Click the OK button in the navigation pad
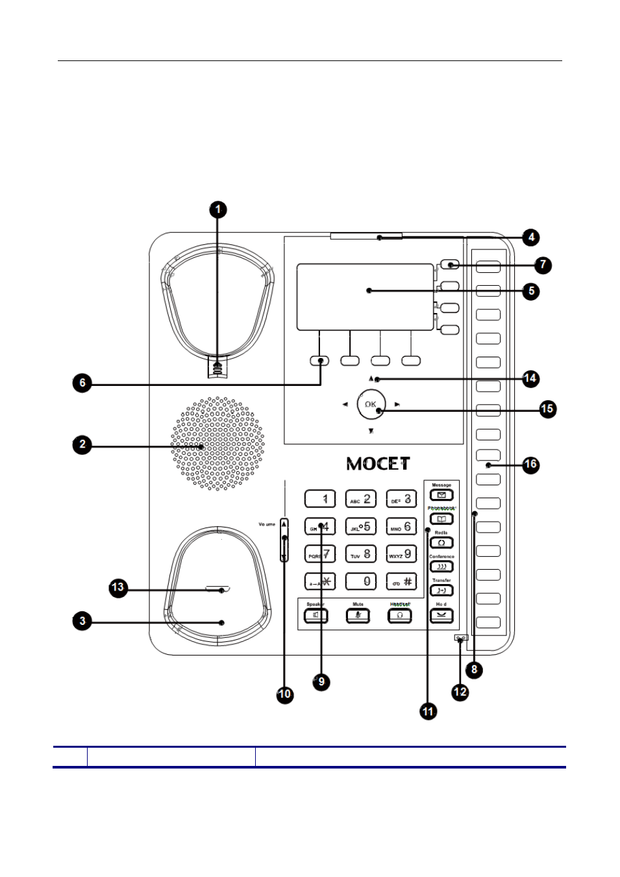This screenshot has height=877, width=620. point(371,404)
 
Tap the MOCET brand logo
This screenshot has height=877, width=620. point(378,464)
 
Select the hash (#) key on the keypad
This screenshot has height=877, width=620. point(401,581)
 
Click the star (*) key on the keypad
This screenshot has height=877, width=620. point(320,581)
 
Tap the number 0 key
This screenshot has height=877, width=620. point(361,581)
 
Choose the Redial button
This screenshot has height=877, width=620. point(441,542)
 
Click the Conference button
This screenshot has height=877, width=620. point(441,566)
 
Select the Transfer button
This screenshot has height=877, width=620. point(441,591)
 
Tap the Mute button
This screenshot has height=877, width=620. point(358,615)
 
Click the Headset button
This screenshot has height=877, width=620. point(400,615)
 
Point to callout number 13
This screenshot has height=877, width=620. point(118,588)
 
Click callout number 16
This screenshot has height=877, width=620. point(530,464)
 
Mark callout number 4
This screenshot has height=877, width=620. point(531,237)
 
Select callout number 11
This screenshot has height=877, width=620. point(428,711)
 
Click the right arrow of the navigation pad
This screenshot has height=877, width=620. point(397,405)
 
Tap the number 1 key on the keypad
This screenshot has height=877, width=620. point(320,499)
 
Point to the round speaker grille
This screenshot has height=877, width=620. point(217,444)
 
